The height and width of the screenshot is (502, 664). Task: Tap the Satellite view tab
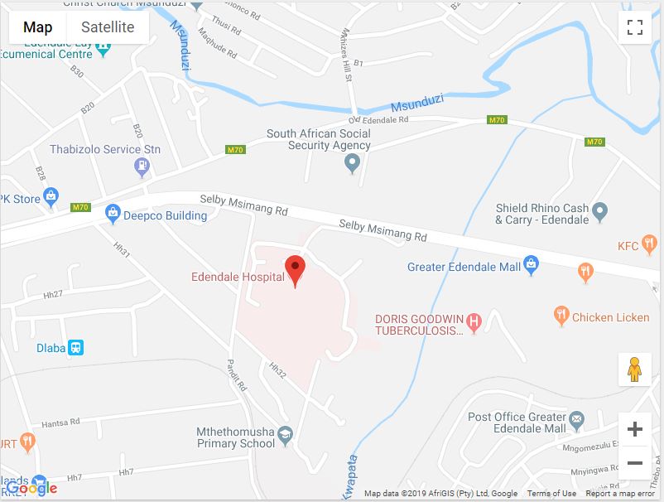(108, 27)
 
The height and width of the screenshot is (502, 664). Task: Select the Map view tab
(38, 27)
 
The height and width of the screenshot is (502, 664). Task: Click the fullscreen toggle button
(635, 28)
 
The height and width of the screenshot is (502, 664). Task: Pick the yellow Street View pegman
(635, 369)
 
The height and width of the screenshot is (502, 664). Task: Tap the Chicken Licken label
(610, 316)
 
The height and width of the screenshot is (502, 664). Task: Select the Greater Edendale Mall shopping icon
(532, 267)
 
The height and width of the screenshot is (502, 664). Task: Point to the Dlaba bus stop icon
(75, 348)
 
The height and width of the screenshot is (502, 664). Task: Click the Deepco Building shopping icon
(113, 215)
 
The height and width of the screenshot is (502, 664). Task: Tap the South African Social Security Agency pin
(353, 162)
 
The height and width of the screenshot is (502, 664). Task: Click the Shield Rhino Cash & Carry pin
(600, 213)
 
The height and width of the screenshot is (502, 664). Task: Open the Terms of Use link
(551, 494)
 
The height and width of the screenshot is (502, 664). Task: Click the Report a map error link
(621, 494)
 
